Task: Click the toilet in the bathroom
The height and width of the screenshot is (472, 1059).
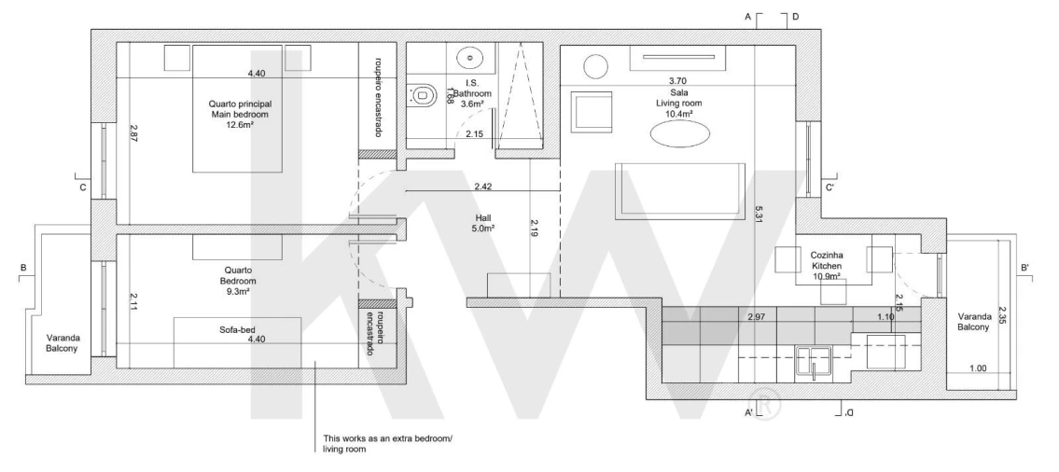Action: [x=423, y=94]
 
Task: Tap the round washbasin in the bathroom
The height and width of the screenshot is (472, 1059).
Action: [x=474, y=58]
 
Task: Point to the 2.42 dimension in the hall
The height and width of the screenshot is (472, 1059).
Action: [x=483, y=187]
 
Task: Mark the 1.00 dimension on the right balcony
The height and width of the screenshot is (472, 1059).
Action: [x=978, y=368]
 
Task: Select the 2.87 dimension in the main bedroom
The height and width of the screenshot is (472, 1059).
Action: [x=133, y=132]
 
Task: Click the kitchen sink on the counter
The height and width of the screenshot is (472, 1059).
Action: [x=815, y=361]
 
